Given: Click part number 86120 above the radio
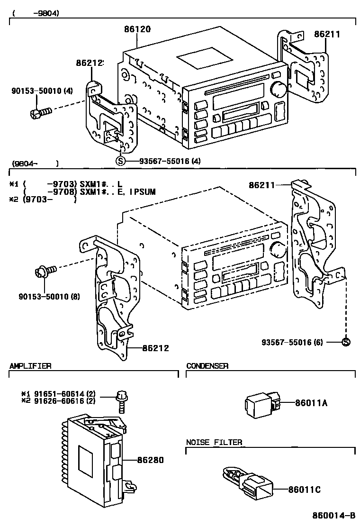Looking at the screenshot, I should click(x=137, y=29).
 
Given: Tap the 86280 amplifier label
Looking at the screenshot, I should click(x=151, y=460).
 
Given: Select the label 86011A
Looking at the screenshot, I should click(x=311, y=403).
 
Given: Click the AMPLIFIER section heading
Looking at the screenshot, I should click(x=30, y=365).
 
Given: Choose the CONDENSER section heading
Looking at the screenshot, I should click(x=207, y=365).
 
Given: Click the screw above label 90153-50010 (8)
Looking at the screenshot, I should click(x=45, y=271).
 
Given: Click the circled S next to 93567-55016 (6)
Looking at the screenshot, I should click(x=346, y=342).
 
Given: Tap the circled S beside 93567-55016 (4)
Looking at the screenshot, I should click(x=120, y=161).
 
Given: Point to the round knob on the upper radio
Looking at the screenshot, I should click(x=279, y=89).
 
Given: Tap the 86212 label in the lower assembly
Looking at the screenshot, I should click(x=155, y=348).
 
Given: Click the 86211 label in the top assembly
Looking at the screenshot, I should click(x=327, y=34).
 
